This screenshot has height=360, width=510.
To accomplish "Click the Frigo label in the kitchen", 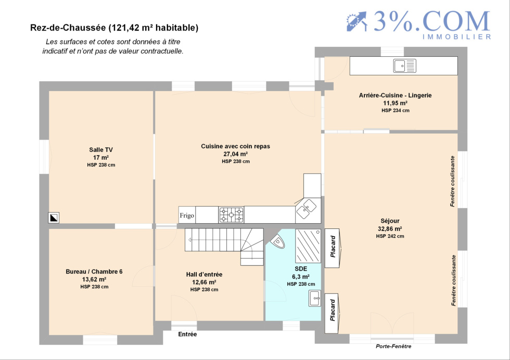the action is tap(187, 215).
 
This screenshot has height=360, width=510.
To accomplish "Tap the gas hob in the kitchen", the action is tap(231, 215).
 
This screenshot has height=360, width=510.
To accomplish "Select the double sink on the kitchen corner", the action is tap(306, 209).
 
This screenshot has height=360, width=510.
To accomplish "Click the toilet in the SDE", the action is tap(277, 241).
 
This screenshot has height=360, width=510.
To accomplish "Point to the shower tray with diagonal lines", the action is tap(308, 246).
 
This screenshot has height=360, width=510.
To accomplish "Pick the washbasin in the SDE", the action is tap(315, 298).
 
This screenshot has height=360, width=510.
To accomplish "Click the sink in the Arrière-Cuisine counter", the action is tap(405, 66).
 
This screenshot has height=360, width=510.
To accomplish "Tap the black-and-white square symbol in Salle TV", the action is tap(54, 217).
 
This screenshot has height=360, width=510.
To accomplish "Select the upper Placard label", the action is tap(333, 247).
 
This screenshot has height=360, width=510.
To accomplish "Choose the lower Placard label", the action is tap(333, 310).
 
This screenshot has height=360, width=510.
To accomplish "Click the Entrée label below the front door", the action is tap(187, 334).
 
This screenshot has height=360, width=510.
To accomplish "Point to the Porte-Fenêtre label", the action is tap(393, 346).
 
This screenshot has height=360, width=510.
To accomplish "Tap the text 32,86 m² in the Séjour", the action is tap(390, 228).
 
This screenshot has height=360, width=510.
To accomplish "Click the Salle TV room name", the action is tap(101, 150).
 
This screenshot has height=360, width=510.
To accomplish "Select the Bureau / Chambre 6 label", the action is tap(94, 272).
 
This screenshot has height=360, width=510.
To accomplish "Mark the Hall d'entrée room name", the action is tap(204, 275).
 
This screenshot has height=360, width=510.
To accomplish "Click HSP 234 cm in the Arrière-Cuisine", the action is tap(396, 111).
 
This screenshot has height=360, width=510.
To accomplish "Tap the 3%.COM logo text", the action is tap(431, 21).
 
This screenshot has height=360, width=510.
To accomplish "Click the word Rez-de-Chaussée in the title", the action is tap(68, 28).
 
